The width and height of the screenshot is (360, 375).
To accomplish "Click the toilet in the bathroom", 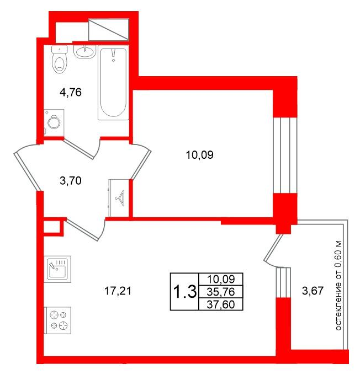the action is click(x=60, y=60).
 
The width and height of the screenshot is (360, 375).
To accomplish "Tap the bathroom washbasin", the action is click(x=84, y=52).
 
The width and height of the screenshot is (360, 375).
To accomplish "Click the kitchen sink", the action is click(x=57, y=269).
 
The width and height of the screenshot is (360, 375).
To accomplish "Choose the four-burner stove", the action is click(x=57, y=320).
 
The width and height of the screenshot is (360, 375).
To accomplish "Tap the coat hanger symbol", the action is click(x=120, y=198).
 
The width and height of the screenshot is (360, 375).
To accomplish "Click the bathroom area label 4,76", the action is click(x=71, y=92).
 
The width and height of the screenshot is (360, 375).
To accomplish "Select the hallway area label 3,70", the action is click(x=71, y=180).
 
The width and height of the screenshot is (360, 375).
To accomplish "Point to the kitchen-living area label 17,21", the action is click(x=118, y=291).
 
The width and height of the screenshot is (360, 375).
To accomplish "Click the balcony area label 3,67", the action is click(x=313, y=291).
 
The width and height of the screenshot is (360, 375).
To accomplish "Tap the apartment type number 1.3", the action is click(x=184, y=292).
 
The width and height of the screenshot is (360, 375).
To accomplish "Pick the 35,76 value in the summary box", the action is click(x=221, y=292).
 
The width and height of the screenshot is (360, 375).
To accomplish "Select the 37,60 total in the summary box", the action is click(x=221, y=304).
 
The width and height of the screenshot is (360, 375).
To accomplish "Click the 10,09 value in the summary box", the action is click(x=221, y=279).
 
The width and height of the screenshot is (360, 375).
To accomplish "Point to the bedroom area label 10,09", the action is click(x=199, y=155).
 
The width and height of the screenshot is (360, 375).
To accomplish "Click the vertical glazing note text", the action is click(x=338, y=286).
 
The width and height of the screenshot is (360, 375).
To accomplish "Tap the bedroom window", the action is click(x=285, y=155).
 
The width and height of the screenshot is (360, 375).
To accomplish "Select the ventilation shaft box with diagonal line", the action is click(x=109, y=30).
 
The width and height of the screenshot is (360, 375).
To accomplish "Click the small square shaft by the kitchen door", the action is click(x=52, y=226).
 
